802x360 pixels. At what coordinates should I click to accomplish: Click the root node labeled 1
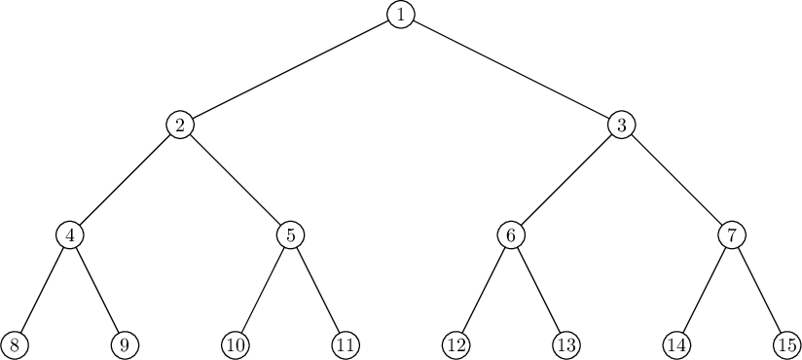[400, 15]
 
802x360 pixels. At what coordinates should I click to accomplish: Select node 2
[180, 125]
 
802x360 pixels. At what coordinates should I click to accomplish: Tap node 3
[621, 125]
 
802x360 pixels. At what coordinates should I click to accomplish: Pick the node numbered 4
[69, 235]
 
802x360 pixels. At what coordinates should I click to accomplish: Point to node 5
[290, 235]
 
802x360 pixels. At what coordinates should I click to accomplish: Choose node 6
[511, 235]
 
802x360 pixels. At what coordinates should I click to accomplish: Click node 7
[732, 235]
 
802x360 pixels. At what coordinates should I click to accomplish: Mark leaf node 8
[15, 345]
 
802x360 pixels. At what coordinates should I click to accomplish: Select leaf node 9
[125, 345]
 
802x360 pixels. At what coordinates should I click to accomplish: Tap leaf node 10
[236, 345]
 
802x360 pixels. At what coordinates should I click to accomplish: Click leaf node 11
[346, 345]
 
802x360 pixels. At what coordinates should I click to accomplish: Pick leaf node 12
[456, 345]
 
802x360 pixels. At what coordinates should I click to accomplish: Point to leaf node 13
[566, 345]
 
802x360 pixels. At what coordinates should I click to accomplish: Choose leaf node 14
[676, 345]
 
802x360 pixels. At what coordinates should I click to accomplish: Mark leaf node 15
[787, 345]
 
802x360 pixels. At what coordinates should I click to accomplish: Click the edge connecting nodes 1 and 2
[290, 69]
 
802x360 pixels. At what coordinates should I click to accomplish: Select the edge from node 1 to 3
[511, 69]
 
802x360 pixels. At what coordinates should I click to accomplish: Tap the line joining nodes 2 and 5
[236, 180]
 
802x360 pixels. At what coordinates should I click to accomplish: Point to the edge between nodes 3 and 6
[566, 180]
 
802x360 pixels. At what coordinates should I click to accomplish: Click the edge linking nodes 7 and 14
[705, 291]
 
